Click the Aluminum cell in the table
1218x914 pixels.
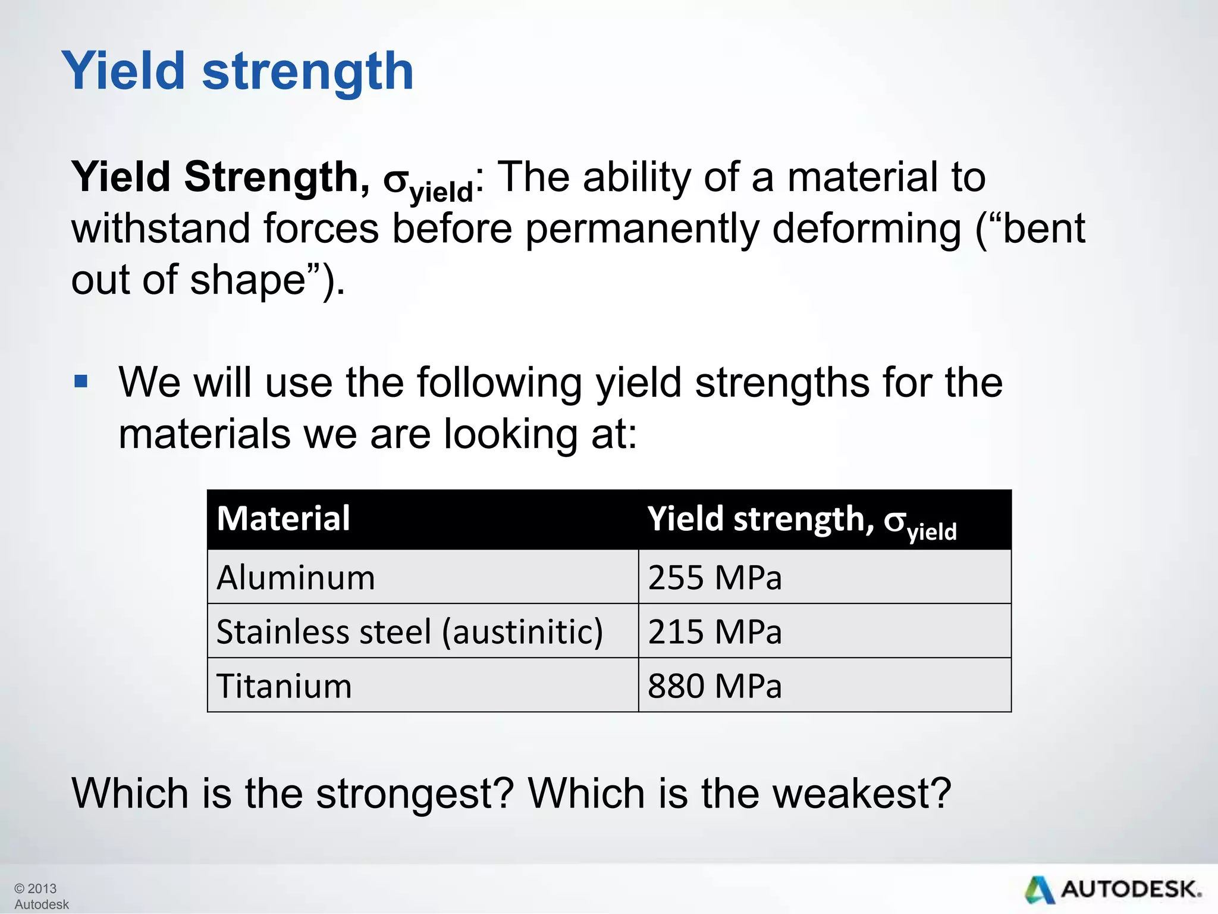296,578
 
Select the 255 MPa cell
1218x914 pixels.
714,578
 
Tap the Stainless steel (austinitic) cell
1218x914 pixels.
409,632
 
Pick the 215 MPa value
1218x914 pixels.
714,632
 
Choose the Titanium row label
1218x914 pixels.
284,686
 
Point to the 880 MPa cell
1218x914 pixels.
714,686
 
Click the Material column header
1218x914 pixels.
283,518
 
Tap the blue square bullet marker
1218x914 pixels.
81,381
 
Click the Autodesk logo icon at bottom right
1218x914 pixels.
1040,890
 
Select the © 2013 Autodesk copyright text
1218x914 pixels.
40,896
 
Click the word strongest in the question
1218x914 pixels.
414,794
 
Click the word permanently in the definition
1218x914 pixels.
642,230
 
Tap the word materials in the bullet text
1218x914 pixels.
204,434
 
